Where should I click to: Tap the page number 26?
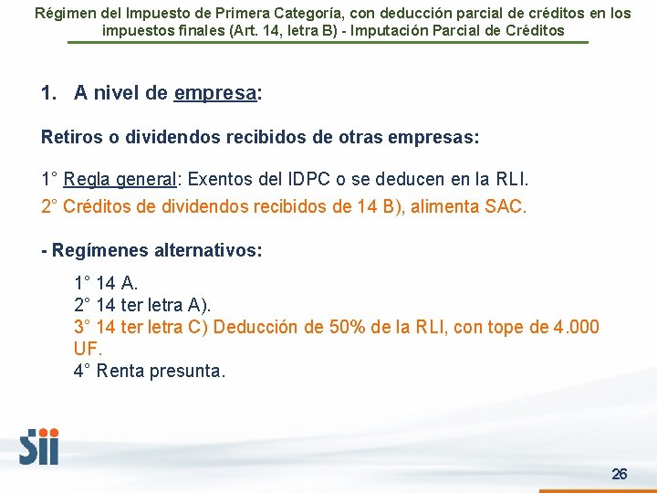(x=620, y=474)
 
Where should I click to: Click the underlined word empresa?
(x=215, y=93)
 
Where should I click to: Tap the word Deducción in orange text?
(x=258, y=327)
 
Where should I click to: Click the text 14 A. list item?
(x=117, y=283)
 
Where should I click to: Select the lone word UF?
(x=89, y=349)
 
